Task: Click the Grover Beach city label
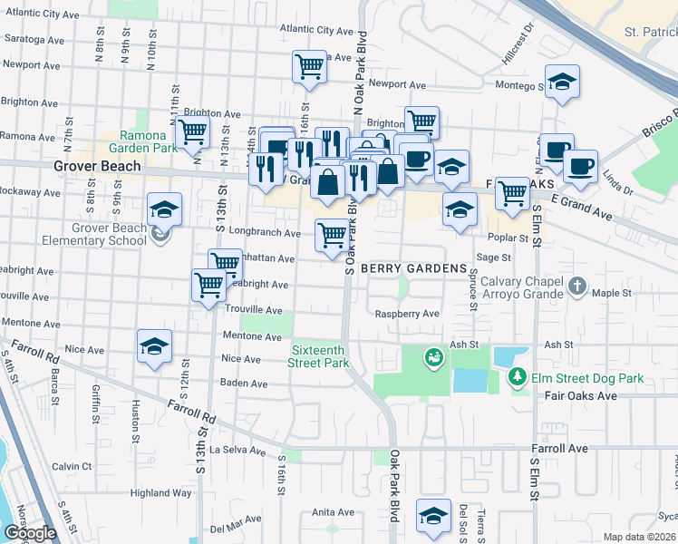point(97,166)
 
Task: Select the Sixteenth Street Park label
point(320,356)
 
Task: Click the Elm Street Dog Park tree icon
point(518,376)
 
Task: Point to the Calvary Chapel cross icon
point(577,287)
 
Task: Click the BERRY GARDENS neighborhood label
point(413,269)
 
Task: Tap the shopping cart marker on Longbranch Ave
point(332,236)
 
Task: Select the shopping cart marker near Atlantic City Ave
point(309,66)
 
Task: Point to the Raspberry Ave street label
point(408,314)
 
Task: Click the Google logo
point(30,533)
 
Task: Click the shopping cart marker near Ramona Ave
point(192,132)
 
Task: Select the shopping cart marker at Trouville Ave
point(208,285)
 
